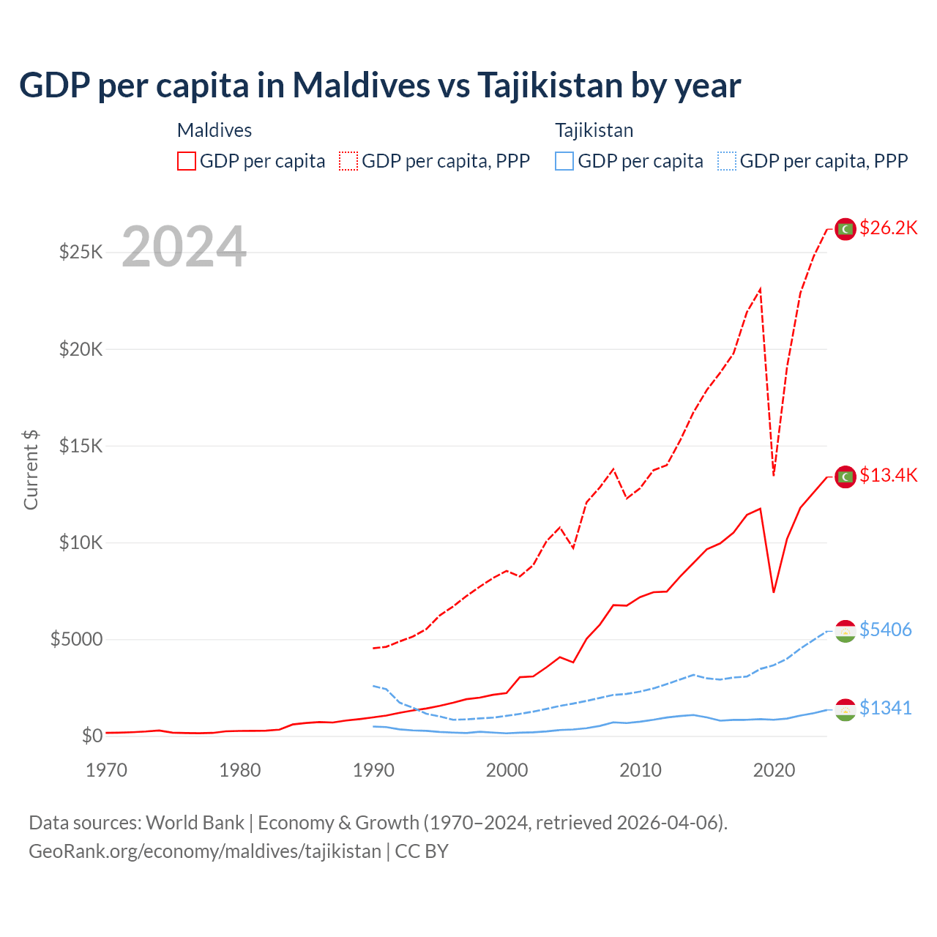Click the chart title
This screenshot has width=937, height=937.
(x=380, y=85)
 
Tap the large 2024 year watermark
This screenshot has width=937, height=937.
(x=184, y=247)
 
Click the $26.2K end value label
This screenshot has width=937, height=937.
(x=888, y=228)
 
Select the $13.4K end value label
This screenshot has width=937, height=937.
(x=888, y=475)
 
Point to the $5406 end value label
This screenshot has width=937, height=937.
(x=885, y=630)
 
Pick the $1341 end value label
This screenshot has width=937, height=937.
(x=885, y=708)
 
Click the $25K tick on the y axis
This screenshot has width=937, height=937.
(x=81, y=253)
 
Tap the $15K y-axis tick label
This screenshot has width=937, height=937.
(x=81, y=446)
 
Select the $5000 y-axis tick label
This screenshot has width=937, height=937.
(x=77, y=639)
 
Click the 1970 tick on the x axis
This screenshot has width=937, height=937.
(x=107, y=770)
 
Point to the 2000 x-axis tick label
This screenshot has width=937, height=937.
(x=507, y=770)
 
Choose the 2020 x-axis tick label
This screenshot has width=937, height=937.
(x=774, y=770)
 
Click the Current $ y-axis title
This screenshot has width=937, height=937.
(x=31, y=470)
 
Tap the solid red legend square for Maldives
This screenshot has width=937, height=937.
(x=187, y=161)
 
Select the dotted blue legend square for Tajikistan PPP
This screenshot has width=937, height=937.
(x=727, y=161)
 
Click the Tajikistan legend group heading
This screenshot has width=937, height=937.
(x=594, y=130)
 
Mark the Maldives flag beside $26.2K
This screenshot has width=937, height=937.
(x=845, y=229)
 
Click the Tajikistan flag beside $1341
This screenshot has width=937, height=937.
(x=845, y=709)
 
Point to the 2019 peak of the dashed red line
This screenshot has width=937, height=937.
(x=761, y=289)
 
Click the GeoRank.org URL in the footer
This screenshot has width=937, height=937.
(x=205, y=851)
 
